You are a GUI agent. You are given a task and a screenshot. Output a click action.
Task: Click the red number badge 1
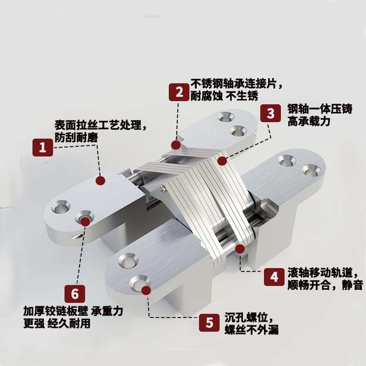43,147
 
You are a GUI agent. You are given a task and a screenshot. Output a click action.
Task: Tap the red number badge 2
179,91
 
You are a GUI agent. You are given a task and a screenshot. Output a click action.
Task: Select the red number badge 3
270,113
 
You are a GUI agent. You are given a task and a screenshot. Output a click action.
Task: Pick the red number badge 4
274,277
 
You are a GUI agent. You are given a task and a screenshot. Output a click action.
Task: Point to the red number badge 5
209,323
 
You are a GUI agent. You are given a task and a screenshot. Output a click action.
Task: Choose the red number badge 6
75,294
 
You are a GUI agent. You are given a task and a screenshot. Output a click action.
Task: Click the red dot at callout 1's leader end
101,180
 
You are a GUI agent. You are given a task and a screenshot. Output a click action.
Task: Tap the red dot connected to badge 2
176,145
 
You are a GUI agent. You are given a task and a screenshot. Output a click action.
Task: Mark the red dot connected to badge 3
222,161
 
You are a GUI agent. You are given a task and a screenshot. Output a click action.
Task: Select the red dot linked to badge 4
239,249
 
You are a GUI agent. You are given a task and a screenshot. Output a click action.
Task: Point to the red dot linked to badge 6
85,221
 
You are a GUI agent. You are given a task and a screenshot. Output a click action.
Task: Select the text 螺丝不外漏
251,330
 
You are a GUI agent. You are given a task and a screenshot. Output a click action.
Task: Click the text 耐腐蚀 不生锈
224,96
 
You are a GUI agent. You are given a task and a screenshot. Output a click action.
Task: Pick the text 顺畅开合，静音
325,285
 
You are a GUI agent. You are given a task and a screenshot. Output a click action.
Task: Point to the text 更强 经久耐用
57,324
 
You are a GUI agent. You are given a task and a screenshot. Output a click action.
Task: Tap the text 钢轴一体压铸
320,109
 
